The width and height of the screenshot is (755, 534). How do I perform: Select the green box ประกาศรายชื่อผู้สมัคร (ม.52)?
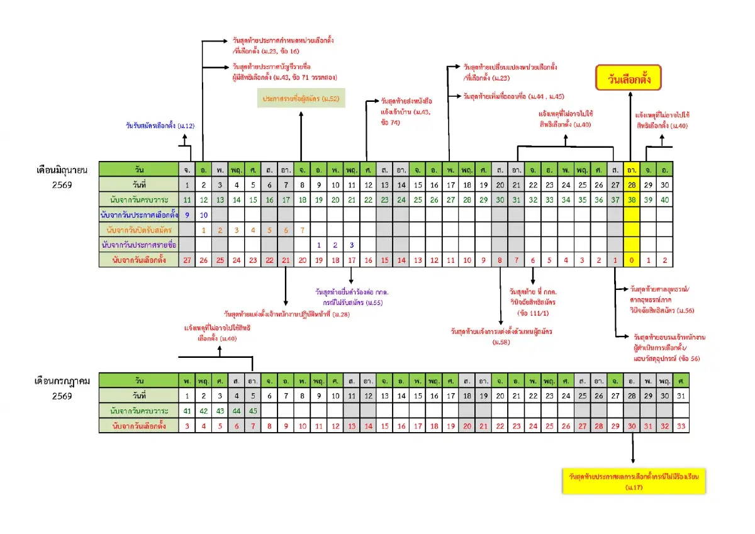(301, 99)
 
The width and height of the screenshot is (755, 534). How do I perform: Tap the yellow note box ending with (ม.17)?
(634, 481)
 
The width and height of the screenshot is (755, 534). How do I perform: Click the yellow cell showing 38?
(632, 199)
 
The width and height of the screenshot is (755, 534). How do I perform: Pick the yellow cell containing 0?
(632, 260)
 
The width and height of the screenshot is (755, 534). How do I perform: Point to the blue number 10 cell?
(203, 214)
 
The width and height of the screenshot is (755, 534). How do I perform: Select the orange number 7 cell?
(302, 230)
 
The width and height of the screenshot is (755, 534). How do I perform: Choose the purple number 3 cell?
(351, 245)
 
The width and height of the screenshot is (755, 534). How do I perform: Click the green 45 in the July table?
(252, 411)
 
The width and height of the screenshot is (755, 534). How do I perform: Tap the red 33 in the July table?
(681, 426)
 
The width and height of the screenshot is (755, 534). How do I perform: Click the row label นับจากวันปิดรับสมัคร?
(139, 230)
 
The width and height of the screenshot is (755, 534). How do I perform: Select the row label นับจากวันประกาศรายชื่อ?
(139, 245)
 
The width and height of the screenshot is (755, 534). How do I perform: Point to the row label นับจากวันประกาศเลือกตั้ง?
(139, 214)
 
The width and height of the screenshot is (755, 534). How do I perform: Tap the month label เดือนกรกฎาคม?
(62, 381)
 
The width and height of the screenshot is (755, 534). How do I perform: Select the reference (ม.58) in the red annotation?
(501, 342)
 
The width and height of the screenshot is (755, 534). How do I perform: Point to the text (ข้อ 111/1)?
(532, 312)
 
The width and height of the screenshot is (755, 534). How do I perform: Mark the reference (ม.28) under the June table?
(340, 313)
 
